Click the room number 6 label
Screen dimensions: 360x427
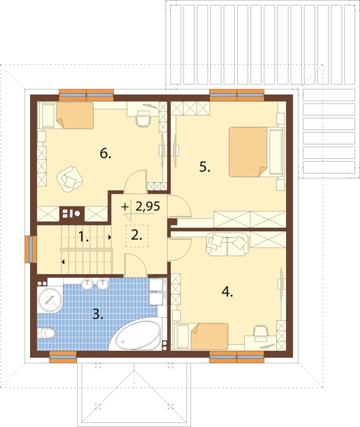105,154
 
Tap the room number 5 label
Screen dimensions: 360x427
205,166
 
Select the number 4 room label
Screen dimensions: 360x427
227,292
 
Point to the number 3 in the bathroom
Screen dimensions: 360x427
98,314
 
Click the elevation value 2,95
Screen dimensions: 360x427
147,206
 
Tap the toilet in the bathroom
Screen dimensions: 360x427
46,333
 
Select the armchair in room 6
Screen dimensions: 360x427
69,179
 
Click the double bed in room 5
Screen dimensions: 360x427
256,152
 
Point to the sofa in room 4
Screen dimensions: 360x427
227,244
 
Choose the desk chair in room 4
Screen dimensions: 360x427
261,331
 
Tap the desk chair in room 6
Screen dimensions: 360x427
143,119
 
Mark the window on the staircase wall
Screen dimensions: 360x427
31,249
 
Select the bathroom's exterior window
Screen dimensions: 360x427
63,357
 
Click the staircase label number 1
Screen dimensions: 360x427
84,236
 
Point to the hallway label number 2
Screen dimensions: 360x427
137,235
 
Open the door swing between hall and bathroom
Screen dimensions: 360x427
136,264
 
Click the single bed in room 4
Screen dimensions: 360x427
202,336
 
